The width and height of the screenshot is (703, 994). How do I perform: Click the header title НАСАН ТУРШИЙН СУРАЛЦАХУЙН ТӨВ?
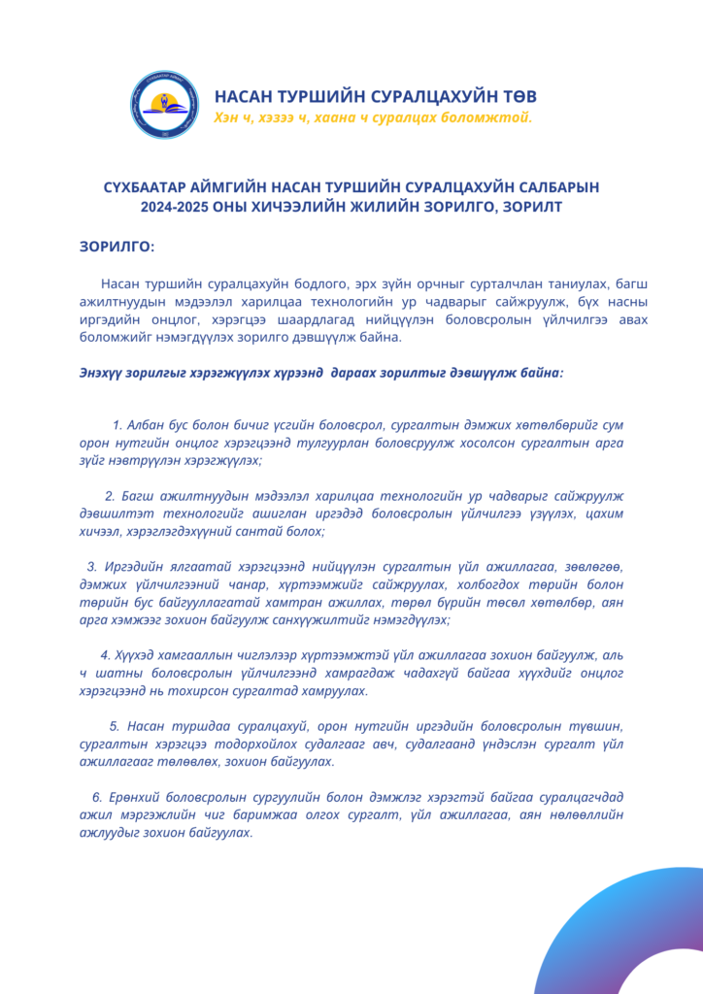point(375,97)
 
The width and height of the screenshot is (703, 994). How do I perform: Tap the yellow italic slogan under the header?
point(373,117)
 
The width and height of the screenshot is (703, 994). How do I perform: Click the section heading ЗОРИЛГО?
point(117,247)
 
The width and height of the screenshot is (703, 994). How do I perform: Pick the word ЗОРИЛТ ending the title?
point(533,206)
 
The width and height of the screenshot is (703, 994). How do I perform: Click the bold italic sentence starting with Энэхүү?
point(320,372)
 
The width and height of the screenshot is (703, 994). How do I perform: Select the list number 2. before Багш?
point(110,496)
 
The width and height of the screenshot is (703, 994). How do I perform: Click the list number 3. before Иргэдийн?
point(92,567)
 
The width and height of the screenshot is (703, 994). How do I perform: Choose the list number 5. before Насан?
point(115,726)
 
